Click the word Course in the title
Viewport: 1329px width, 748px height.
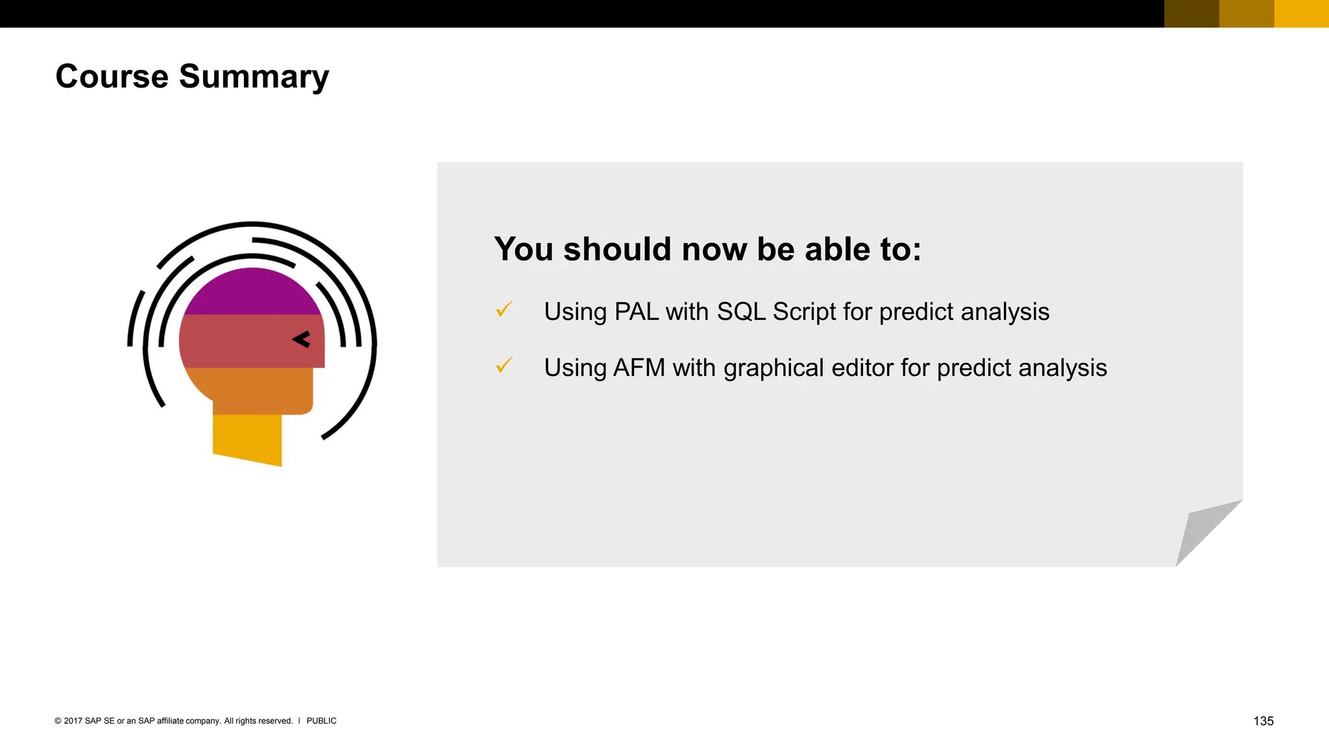point(112,77)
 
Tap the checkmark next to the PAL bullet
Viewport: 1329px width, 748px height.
point(504,309)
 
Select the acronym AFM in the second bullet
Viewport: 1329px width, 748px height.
point(639,368)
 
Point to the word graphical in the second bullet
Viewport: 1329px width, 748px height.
point(774,369)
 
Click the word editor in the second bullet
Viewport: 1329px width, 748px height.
point(862,368)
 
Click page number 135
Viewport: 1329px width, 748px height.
point(1263,721)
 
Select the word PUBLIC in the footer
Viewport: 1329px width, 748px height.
point(321,721)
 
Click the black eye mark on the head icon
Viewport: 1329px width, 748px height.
point(302,339)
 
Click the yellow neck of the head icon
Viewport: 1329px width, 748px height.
point(247,438)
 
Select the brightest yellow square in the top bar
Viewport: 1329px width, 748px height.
point(1301,13)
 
